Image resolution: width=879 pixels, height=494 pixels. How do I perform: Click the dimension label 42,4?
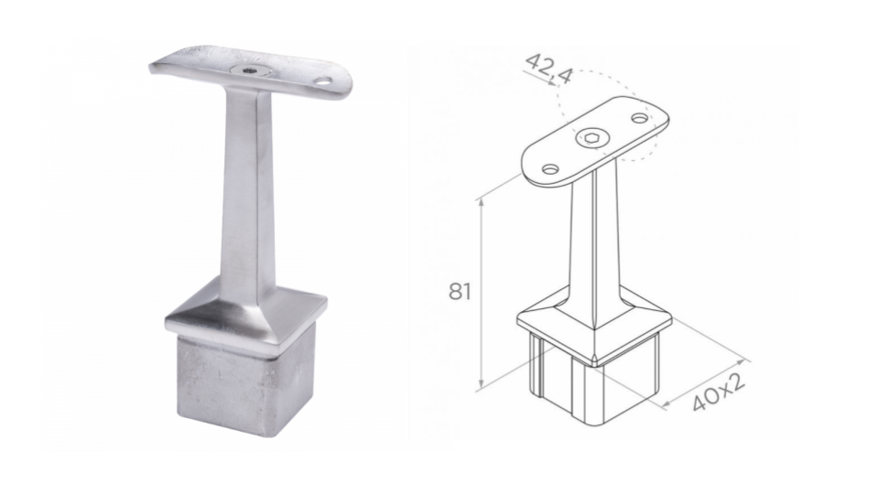[x=549, y=69]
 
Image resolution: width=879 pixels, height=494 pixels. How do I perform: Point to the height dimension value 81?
[x=460, y=292]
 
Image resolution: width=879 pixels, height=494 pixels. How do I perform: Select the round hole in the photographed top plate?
[x=323, y=81]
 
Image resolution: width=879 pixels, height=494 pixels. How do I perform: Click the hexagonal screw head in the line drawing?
[x=589, y=138]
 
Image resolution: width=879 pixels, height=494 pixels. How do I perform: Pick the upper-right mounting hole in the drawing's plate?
[x=639, y=118]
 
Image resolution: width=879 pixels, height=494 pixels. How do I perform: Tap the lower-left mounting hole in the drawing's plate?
[x=551, y=168]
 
